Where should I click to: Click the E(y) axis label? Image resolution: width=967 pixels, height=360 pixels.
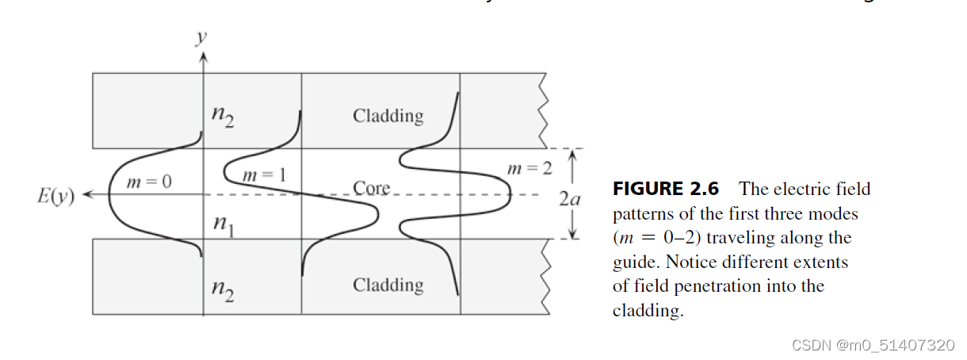[x=55, y=196]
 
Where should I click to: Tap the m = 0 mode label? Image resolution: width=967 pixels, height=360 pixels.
[x=149, y=182]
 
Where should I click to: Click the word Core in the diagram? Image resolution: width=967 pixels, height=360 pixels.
[x=372, y=189]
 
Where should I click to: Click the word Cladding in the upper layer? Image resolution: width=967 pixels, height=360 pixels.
[x=388, y=116]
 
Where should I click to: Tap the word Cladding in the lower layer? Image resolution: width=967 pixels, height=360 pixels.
[x=388, y=285]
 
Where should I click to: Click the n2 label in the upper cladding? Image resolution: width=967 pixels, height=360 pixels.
[x=222, y=117]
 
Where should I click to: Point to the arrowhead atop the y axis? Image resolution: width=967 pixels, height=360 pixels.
[x=204, y=56]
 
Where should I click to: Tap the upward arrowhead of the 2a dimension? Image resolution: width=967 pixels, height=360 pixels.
[x=571, y=155]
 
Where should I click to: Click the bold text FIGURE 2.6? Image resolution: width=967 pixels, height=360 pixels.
[x=665, y=189]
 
